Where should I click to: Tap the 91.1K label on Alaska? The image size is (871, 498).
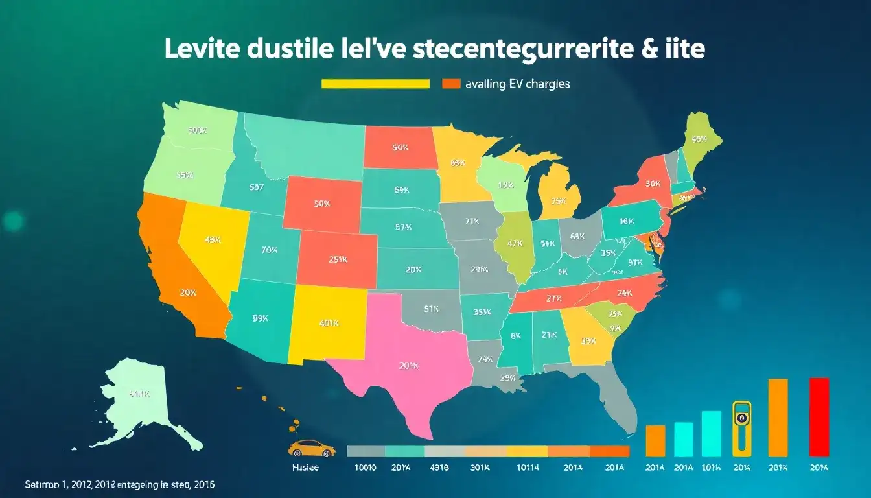(139, 393)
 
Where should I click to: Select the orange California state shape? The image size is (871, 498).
(175, 272)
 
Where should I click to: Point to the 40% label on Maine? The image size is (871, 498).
(699, 138)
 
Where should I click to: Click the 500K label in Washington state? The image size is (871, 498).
(197, 130)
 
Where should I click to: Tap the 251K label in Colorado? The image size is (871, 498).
(338, 259)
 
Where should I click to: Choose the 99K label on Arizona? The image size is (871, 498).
(260, 318)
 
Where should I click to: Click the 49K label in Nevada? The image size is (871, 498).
(213, 239)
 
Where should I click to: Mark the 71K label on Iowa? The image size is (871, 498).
(472, 220)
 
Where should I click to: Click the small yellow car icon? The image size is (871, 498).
(311, 448)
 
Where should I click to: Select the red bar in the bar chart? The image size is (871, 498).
(819, 417)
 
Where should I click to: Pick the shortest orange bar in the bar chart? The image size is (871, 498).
(655, 441)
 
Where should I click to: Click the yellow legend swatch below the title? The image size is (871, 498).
(376, 84)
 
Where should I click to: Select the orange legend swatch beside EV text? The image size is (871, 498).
(450, 84)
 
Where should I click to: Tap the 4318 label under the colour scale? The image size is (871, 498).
(439, 468)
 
